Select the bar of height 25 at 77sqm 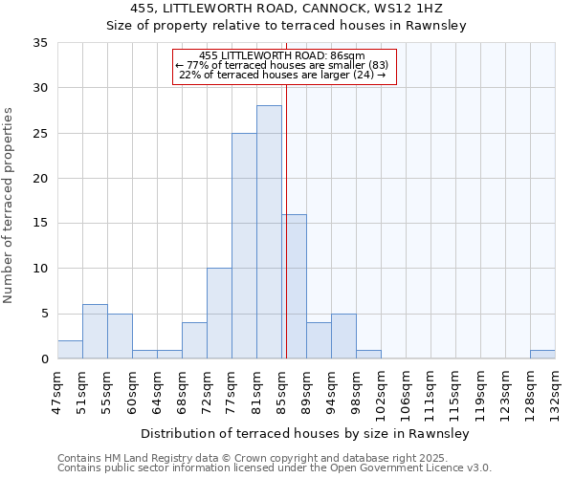coord(244,246)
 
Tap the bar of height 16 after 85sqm coord(294,287)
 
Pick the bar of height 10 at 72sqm coord(219,314)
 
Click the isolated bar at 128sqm coord(542,354)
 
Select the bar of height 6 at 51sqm coord(95,332)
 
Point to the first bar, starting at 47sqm coord(70,350)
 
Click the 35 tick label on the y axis coord(40,43)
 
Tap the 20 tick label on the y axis coord(40,179)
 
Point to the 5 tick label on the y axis coord(44,314)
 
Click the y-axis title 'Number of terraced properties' coord(10,206)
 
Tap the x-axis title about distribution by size coord(303,433)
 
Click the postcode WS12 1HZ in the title coord(427,9)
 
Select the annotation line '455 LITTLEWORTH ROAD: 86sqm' coord(282,56)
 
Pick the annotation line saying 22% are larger coord(282,76)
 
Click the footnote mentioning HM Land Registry coord(274,458)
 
